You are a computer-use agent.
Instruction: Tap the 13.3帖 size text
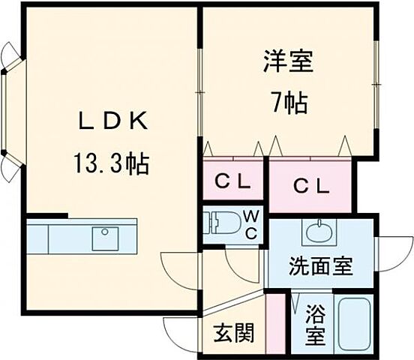pos(110,163)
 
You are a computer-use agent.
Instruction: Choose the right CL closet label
pos(310,185)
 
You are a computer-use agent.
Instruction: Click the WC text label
pos(251,223)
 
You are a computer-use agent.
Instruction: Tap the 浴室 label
pos(315,324)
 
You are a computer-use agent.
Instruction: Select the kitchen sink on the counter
pos(104,238)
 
